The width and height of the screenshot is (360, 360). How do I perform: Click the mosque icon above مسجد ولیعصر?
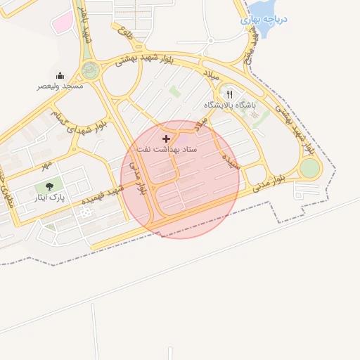pyautogui.click(x=60, y=75)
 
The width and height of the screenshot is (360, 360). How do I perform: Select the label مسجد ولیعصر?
pyautogui.click(x=60, y=86)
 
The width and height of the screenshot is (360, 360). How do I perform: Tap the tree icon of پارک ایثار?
pyautogui.click(x=49, y=186)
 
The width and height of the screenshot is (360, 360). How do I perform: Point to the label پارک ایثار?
pyautogui.click(x=49, y=198)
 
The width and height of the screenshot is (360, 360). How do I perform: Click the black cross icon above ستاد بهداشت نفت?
pyautogui.click(x=166, y=139)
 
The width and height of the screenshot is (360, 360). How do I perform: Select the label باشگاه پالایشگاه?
pyautogui.click(x=231, y=104)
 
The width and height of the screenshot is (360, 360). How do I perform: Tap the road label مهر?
pyautogui.click(x=46, y=164)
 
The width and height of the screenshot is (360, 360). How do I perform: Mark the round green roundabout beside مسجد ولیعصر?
pyautogui.click(x=90, y=70)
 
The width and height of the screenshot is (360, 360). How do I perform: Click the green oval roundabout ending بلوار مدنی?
pyautogui.click(x=309, y=169)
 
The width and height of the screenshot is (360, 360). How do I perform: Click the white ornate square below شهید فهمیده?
pyautogui.click(x=87, y=212)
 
